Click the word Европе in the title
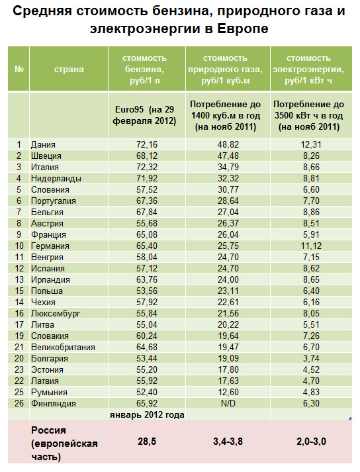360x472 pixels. coord(243,29)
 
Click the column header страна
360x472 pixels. coord(69,70)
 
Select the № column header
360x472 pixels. coord(19,70)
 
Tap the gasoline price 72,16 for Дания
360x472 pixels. coord(147,144)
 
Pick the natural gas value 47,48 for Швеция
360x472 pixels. coord(228,156)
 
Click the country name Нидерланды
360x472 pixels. coord(56,179)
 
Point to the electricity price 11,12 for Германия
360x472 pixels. coord(311,246)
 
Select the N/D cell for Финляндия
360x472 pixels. coord(228,403)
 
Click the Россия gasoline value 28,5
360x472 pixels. coord(147,442)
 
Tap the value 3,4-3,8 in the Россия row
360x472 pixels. coord(228,442)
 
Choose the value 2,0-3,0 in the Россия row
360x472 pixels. coord(311,442)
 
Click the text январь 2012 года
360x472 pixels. coord(147,415)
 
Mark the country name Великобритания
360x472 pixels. coord(63,348)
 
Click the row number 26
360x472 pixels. coord(19,403)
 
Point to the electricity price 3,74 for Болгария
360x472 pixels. coord(311,359)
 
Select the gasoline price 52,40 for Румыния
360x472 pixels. coord(147,392)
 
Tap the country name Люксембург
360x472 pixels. coord(56,314)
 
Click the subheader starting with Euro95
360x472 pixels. coord(144,115)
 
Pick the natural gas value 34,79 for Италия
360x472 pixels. coord(228,167)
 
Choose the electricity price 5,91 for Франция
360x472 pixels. coord(311,234)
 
